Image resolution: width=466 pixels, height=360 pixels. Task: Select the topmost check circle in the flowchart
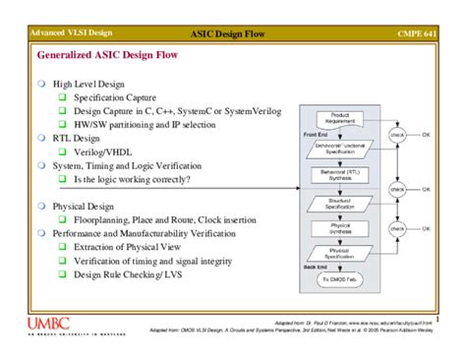(397, 135)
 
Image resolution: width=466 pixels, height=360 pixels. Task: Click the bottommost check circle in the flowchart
(397, 229)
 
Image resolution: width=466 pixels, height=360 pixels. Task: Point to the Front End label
(316, 134)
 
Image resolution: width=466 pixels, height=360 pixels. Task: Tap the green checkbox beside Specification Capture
(61, 98)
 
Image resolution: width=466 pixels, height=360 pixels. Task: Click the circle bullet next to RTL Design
(41, 139)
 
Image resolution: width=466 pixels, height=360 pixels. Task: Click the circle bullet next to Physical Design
(41, 207)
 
